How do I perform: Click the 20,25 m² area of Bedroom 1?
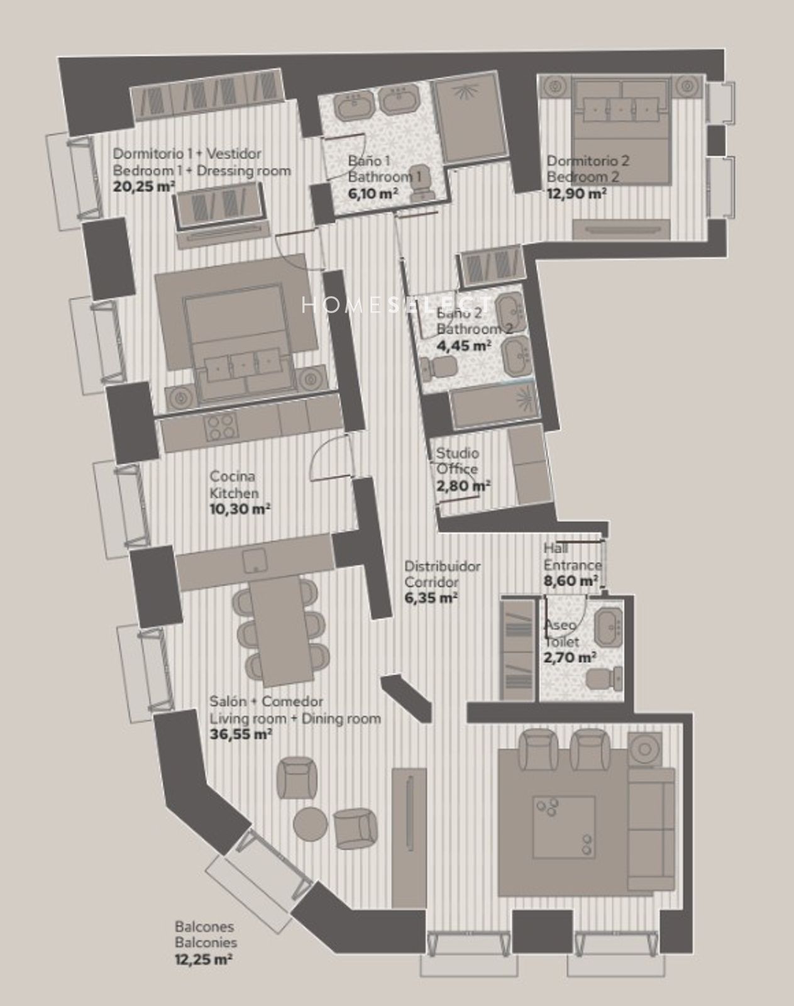click(x=144, y=187)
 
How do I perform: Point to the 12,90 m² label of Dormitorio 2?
click(x=576, y=194)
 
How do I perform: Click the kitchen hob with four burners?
click(x=221, y=428)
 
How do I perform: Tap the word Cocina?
click(x=232, y=477)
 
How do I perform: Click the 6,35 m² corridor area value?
click(x=431, y=599)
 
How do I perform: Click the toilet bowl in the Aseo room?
click(x=604, y=678)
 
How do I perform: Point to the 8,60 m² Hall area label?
click(x=571, y=581)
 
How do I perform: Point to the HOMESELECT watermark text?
click(x=397, y=305)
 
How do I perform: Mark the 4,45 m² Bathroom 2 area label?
click(x=463, y=345)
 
